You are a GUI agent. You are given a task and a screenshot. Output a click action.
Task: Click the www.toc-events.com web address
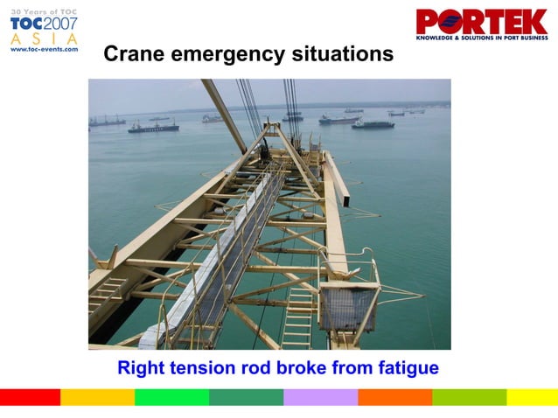(x=44, y=50)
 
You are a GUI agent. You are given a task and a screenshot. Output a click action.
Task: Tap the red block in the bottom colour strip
(x=30, y=397)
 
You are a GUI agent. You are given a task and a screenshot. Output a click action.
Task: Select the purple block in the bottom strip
(x=320, y=397)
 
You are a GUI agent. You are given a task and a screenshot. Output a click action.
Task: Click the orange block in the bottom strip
(x=394, y=397)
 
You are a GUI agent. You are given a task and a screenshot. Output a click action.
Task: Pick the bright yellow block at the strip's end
(x=532, y=397)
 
